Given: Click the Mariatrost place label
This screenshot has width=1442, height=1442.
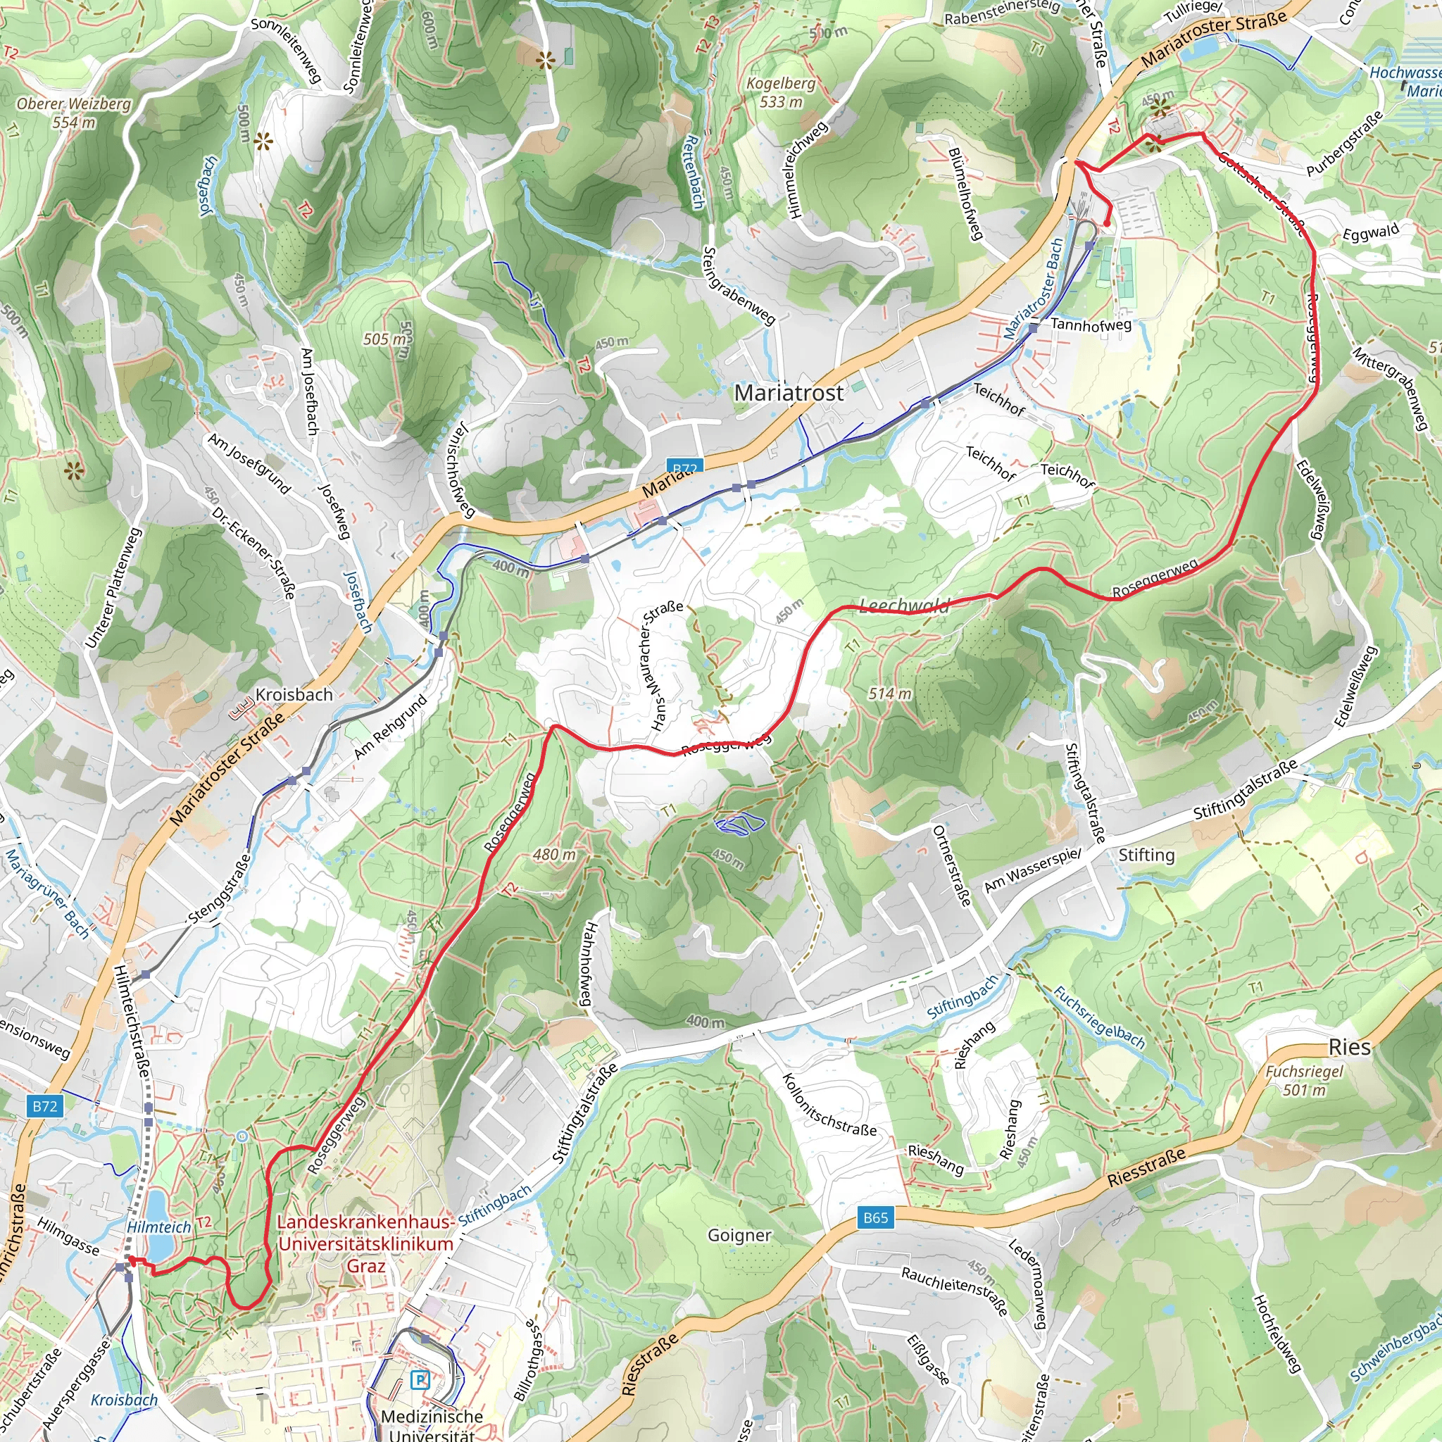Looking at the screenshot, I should click(788, 393).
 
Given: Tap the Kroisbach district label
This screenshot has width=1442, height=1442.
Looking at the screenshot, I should click(294, 694).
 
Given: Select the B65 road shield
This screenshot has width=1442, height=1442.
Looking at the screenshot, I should click(874, 1217).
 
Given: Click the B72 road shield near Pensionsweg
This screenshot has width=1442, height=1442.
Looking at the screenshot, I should click(45, 1105).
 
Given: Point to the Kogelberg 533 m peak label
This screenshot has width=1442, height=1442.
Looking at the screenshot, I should click(781, 92).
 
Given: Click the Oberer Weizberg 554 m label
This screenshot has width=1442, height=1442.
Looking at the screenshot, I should click(73, 113).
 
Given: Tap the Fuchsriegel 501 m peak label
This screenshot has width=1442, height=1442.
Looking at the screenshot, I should click(1304, 1080).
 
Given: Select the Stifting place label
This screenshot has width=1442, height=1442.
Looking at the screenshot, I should click(1146, 855).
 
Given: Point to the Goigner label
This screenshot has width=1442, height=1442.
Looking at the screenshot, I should click(739, 1234).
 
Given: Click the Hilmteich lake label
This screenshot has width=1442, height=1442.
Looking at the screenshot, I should click(159, 1227).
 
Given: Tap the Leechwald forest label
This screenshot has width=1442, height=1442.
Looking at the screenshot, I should click(904, 606).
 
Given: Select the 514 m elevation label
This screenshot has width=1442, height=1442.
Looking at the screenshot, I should click(889, 694).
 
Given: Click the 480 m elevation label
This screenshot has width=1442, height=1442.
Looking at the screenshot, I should click(554, 855).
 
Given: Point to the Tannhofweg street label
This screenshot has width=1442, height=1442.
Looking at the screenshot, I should click(1091, 324).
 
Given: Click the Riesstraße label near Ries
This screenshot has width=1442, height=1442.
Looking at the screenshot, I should click(1146, 1168).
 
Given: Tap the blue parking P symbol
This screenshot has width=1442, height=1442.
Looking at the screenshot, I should click(422, 1379).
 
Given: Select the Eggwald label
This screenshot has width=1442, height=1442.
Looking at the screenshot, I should click(1370, 232).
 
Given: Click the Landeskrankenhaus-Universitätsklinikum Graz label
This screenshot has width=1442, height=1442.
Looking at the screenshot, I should click(365, 1243).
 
